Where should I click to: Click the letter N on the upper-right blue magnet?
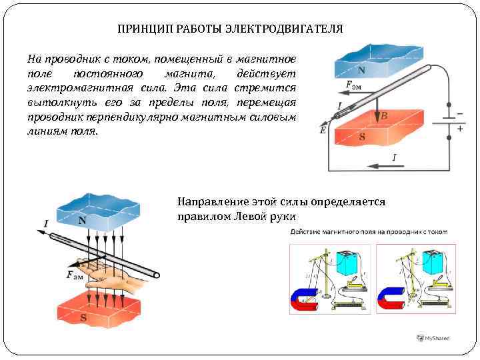pyautogui.click(x=361, y=69)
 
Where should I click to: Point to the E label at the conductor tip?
pyautogui.click(x=323, y=131)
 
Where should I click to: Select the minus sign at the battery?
pyautogui.click(x=459, y=113)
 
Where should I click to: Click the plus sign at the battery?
pyautogui.click(x=459, y=129)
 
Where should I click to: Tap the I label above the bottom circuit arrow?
pyautogui.click(x=395, y=157)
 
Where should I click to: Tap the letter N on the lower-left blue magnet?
pyautogui.click(x=82, y=220)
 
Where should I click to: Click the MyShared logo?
pyautogui.click(x=433, y=338)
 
